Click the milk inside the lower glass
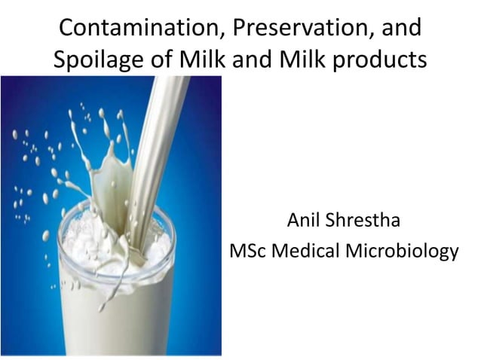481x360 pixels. tap(113, 301)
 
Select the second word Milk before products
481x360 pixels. tap(302, 59)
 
